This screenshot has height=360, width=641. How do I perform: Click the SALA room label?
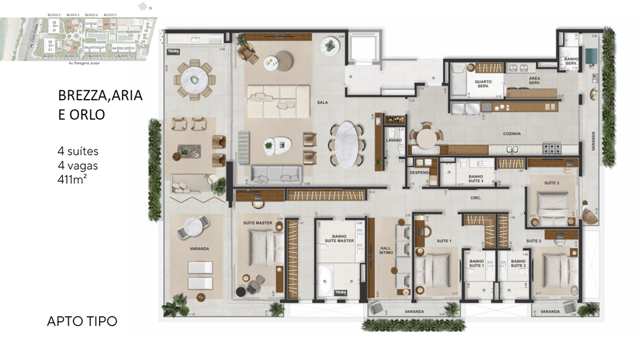coord(322,103)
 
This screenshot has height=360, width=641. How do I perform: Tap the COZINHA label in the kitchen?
coord(512,134)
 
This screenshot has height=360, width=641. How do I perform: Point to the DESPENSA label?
coord(420,173)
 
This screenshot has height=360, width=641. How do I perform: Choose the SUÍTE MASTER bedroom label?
coord(258,224)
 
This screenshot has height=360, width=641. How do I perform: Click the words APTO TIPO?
coord(82,321)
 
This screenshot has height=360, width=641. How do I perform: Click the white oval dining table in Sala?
coord(344,144)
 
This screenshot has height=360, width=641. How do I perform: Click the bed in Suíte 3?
coord(550,200)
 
